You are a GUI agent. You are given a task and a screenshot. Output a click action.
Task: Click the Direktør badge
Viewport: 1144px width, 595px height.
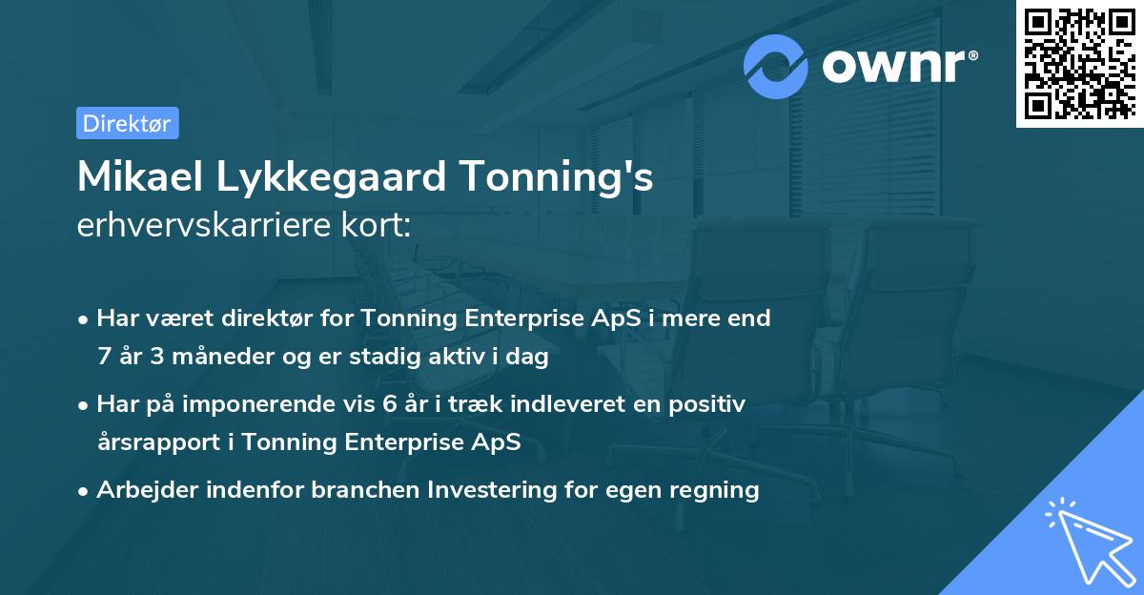pos(127,123)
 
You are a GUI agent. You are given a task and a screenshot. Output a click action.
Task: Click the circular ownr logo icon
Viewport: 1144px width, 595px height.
pos(776,66)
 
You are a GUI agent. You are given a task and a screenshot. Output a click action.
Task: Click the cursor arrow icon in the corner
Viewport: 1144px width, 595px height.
pos(1088,542)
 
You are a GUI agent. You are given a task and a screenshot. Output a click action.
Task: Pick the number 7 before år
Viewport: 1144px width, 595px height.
pos(103,357)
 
